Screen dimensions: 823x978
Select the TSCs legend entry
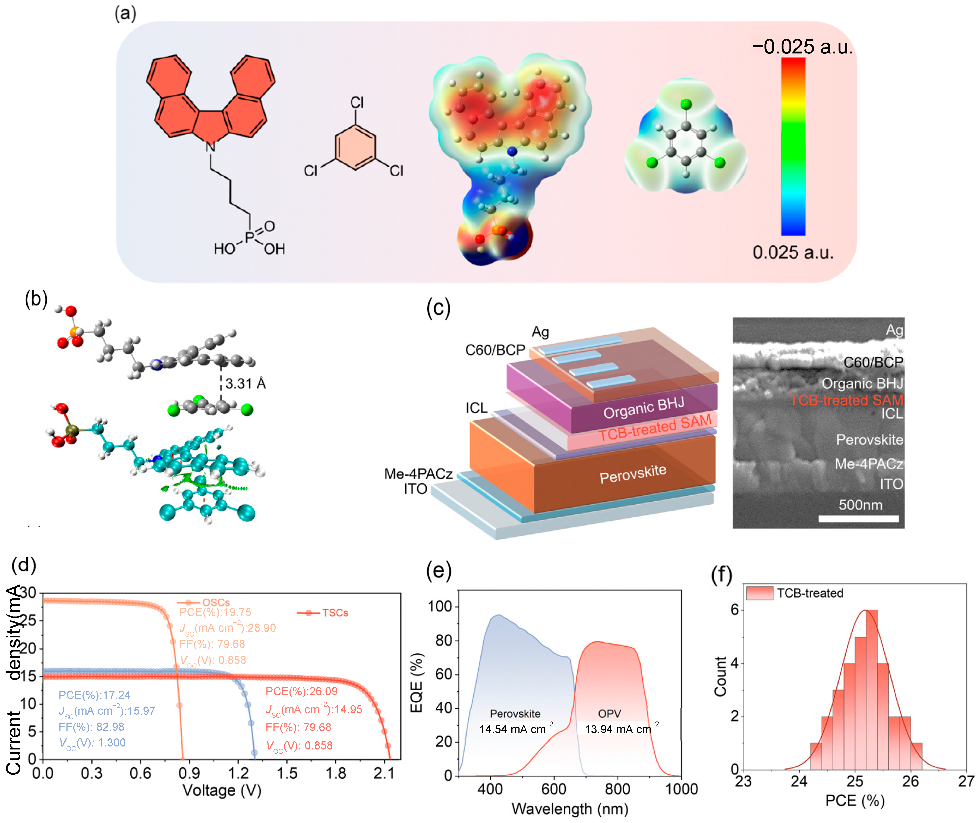(x=335, y=613)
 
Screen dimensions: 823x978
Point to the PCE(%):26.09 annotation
(x=301, y=691)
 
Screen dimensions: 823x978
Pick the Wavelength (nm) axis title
(x=570, y=809)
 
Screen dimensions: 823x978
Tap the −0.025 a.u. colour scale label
(x=802, y=47)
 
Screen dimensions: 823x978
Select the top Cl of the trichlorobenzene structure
(x=357, y=102)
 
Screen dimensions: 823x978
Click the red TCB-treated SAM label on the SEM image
(x=846, y=400)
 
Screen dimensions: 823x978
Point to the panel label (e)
(x=438, y=571)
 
